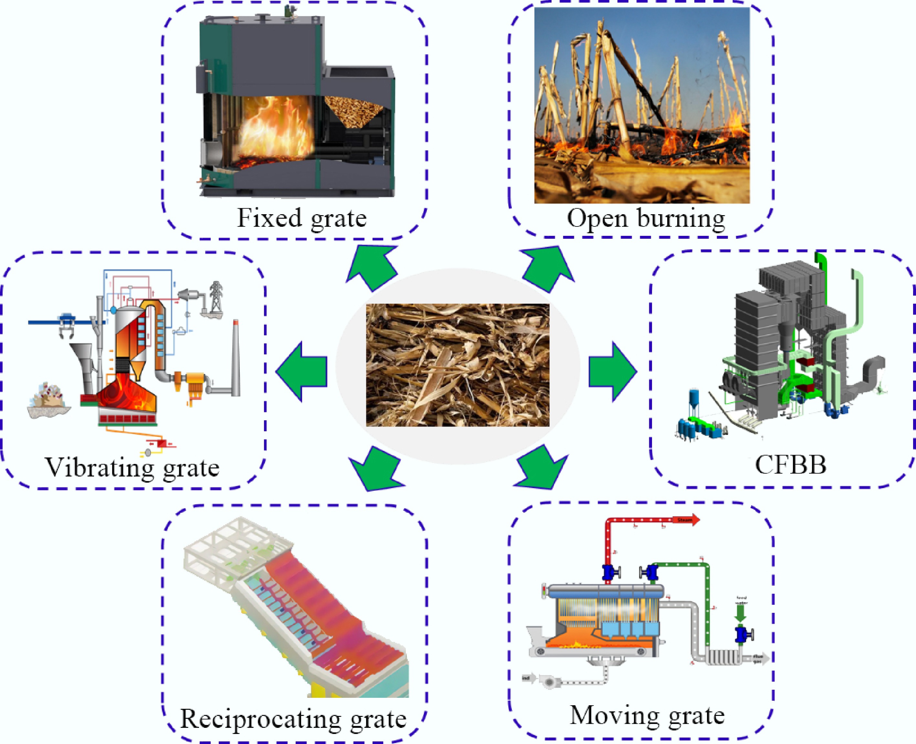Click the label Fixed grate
[x=302, y=218]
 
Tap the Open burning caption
[x=646, y=218]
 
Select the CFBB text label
[x=790, y=465]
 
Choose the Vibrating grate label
[x=132, y=467]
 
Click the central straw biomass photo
[x=458, y=365]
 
